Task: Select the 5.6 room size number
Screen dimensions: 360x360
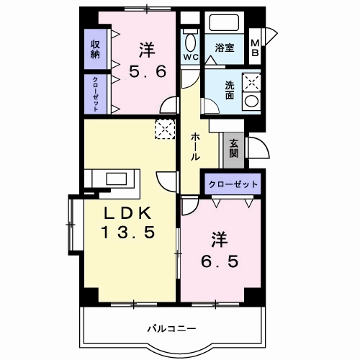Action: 148,73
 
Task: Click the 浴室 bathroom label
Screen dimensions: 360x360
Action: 224,49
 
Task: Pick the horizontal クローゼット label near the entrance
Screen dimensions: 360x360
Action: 233,184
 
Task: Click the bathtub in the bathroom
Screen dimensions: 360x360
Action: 224,24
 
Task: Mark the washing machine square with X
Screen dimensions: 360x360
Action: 251,81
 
